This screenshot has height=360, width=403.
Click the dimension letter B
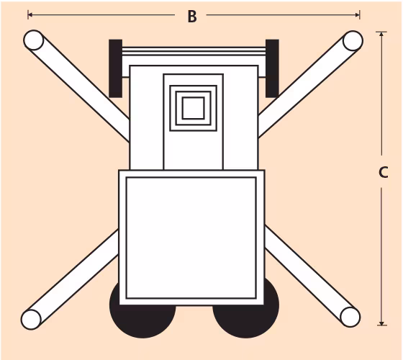192,17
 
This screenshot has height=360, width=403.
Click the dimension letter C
383,172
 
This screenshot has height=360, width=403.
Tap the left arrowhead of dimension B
30,15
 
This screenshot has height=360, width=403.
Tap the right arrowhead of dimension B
358,15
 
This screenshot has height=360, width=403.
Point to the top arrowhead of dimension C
381,34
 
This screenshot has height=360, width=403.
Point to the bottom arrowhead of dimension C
381,323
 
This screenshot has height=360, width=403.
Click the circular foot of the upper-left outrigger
34,40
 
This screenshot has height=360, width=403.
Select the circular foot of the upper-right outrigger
353,40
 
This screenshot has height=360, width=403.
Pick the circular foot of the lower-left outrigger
31,319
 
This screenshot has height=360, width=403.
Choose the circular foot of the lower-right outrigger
350,317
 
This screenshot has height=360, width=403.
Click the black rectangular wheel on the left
115,68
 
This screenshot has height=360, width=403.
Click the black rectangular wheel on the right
272,68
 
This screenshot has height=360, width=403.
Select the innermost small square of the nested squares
194,108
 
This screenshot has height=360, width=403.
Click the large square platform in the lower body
191,238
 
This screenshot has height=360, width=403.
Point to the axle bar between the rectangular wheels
194,51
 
